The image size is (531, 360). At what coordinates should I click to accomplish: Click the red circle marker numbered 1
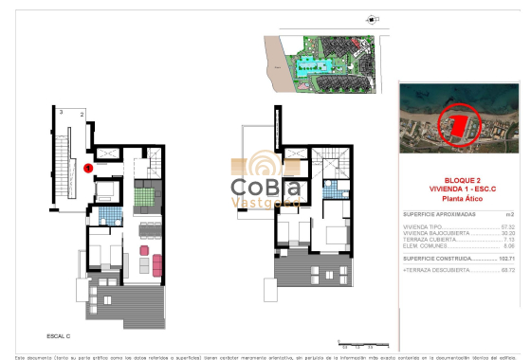tap(87, 169)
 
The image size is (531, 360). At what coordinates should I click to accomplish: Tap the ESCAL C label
tap(60, 334)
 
